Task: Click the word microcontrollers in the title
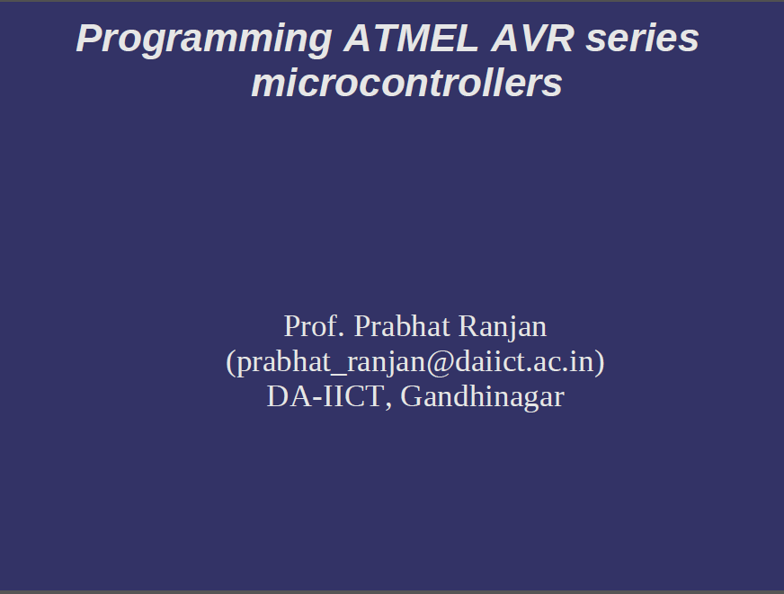[406, 84]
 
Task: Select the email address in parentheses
[414, 361]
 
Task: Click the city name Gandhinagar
[482, 396]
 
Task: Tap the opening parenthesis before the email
[231, 361]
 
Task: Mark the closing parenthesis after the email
[599, 361]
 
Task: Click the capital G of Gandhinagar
[410, 396]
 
